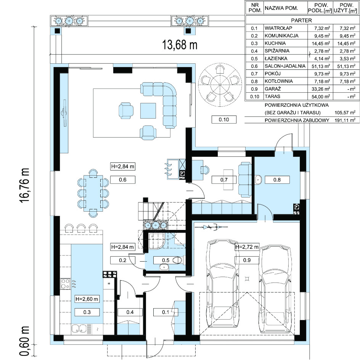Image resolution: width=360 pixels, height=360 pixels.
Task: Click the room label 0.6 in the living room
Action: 122,180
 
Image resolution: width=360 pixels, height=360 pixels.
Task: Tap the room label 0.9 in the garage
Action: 247,260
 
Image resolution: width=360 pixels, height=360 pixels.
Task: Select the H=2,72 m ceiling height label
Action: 247,247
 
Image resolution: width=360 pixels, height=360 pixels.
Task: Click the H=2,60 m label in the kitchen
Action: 87,299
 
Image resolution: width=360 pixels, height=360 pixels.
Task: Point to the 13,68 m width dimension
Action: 180,45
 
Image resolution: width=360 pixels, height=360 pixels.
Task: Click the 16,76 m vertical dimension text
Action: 24,185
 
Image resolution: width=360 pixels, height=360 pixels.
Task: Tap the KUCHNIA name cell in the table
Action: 275,43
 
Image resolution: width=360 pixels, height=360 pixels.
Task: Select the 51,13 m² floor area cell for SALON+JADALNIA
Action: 322,66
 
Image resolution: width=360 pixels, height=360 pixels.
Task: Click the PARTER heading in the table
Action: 301,20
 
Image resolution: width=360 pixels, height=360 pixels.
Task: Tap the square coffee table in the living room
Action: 148,111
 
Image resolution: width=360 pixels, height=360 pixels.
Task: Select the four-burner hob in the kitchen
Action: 65,284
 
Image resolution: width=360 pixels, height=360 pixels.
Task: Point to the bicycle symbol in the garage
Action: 211,227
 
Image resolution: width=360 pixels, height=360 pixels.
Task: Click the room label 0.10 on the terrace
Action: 223,119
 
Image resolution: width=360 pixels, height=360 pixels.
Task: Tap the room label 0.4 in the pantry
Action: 130,312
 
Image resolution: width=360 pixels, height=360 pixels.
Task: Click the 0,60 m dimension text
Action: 24,341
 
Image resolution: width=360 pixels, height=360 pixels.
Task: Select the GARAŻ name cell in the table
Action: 273,89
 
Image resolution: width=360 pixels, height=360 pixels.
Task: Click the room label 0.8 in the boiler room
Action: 277,180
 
